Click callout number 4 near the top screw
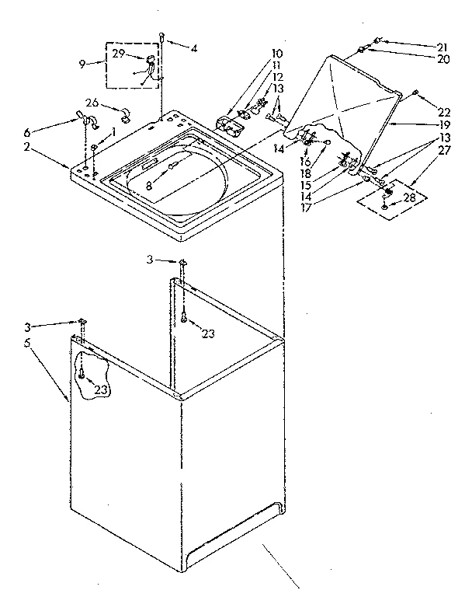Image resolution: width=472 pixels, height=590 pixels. click(194, 48)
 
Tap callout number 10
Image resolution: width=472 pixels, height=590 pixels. click(277, 53)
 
